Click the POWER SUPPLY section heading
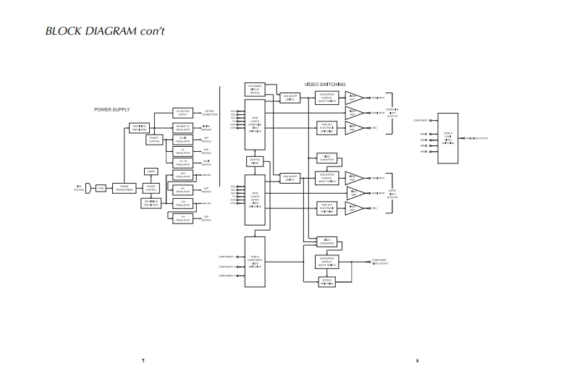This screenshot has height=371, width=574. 112,109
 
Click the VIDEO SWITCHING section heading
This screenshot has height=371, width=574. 325,85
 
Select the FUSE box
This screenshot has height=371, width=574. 101,188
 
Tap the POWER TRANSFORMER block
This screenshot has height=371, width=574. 124,188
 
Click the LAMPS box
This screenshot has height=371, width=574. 151,171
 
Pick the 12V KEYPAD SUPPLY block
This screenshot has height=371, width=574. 182,113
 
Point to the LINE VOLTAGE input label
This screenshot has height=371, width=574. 79,188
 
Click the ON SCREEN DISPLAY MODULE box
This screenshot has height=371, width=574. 255,89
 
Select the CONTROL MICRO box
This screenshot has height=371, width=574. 255,161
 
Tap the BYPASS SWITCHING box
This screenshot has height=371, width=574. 326,281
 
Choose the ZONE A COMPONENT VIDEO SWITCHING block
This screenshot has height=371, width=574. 255,261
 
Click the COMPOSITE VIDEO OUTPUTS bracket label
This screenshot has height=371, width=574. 392,113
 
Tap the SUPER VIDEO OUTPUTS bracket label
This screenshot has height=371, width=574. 392,193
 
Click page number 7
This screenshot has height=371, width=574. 143,360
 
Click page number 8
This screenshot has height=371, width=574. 417,360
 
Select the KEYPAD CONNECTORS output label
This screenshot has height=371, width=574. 210,113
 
